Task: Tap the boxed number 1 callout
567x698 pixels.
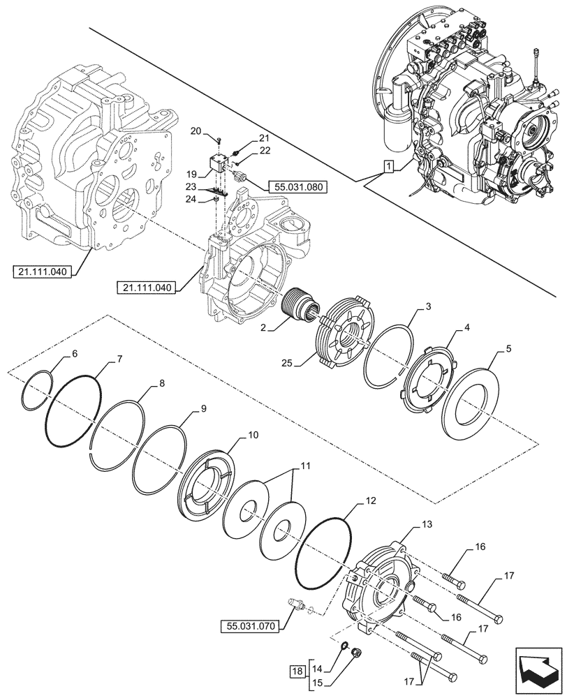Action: (x=388, y=167)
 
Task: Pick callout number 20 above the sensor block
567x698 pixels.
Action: (x=196, y=131)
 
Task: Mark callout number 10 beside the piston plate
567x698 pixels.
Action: (x=252, y=433)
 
